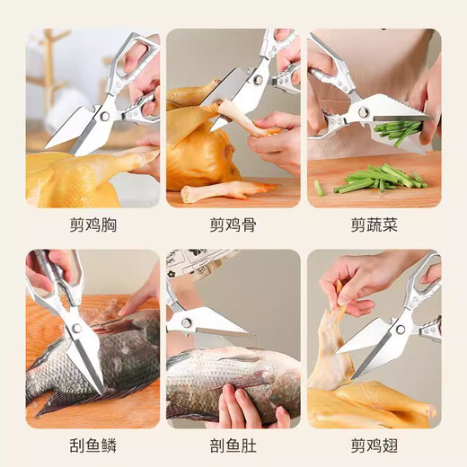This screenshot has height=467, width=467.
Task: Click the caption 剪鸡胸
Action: [x=93, y=225]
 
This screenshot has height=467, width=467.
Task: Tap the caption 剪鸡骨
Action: [x=233, y=225]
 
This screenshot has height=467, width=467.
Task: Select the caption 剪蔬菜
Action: [x=374, y=225]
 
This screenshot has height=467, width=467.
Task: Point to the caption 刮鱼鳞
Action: [x=93, y=445]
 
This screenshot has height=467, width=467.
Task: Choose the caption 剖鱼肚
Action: [x=233, y=445]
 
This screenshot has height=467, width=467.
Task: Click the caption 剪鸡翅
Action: [x=374, y=445]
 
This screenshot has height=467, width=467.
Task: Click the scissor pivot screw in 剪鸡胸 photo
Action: [x=105, y=116]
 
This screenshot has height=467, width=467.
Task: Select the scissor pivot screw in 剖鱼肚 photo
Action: [x=187, y=322]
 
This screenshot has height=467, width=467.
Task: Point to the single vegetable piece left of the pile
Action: [x=319, y=187]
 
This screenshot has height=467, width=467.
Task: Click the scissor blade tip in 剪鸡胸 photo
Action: [x=47, y=147]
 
